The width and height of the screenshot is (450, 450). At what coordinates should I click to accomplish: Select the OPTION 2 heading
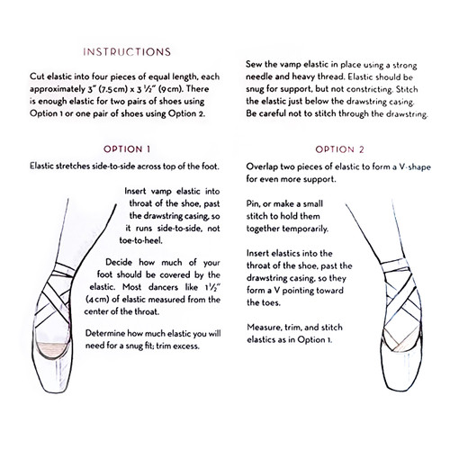[340, 148]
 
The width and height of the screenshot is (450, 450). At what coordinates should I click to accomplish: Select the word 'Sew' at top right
[254, 66]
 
